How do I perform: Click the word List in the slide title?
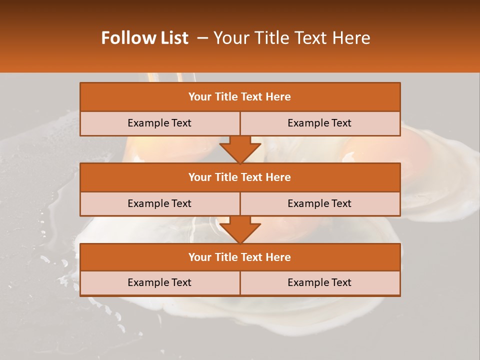pyautogui.click(x=171, y=38)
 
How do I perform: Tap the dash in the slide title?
pyautogui.click(x=202, y=38)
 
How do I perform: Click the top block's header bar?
pyautogui.click(x=240, y=97)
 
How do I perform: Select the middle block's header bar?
pyautogui.click(x=240, y=177)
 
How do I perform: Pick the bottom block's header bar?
pyautogui.click(x=240, y=257)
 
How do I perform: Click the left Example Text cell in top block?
pyautogui.click(x=160, y=123)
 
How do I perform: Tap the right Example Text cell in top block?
pyautogui.click(x=320, y=123)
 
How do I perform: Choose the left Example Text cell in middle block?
pyautogui.click(x=160, y=204)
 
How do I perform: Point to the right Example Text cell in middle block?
pyautogui.click(x=320, y=204)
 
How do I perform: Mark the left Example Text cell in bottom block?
pyautogui.click(x=160, y=283)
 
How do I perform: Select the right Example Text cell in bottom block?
pyautogui.click(x=320, y=283)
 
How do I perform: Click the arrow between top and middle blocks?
pyautogui.click(x=240, y=150)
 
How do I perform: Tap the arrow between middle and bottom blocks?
pyautogui.click(x=240, y=230)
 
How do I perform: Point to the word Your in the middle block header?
pyautogui.click(x=199, y=177)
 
